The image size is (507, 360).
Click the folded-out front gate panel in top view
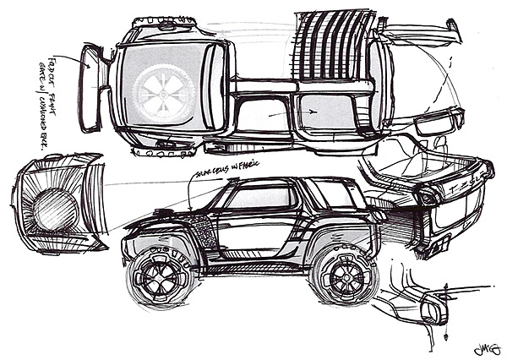91,90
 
